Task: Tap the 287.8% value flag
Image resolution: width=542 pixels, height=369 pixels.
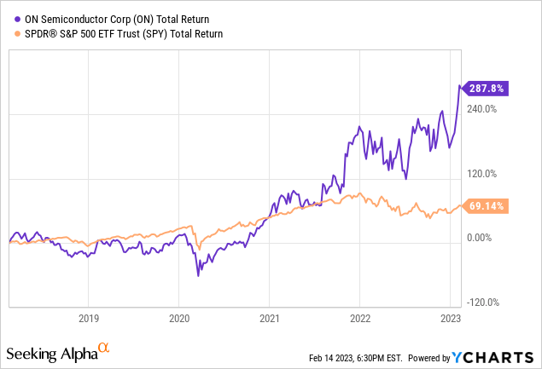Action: [485, 87]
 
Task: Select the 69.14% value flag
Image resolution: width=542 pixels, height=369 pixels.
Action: [485, 206]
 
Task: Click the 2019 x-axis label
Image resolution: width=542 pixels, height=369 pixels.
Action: [89, 319]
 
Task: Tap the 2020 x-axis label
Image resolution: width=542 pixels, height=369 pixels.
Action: [179, 319]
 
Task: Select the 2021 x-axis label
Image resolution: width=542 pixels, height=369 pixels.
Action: [270, 319]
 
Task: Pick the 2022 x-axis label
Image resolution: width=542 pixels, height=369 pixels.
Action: [360, 319]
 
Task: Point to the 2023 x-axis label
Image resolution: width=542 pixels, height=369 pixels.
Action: [451, 319]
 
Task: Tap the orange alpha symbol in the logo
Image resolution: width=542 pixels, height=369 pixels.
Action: [104, 348]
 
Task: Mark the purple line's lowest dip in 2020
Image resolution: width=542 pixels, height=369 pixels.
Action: [199, 275]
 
